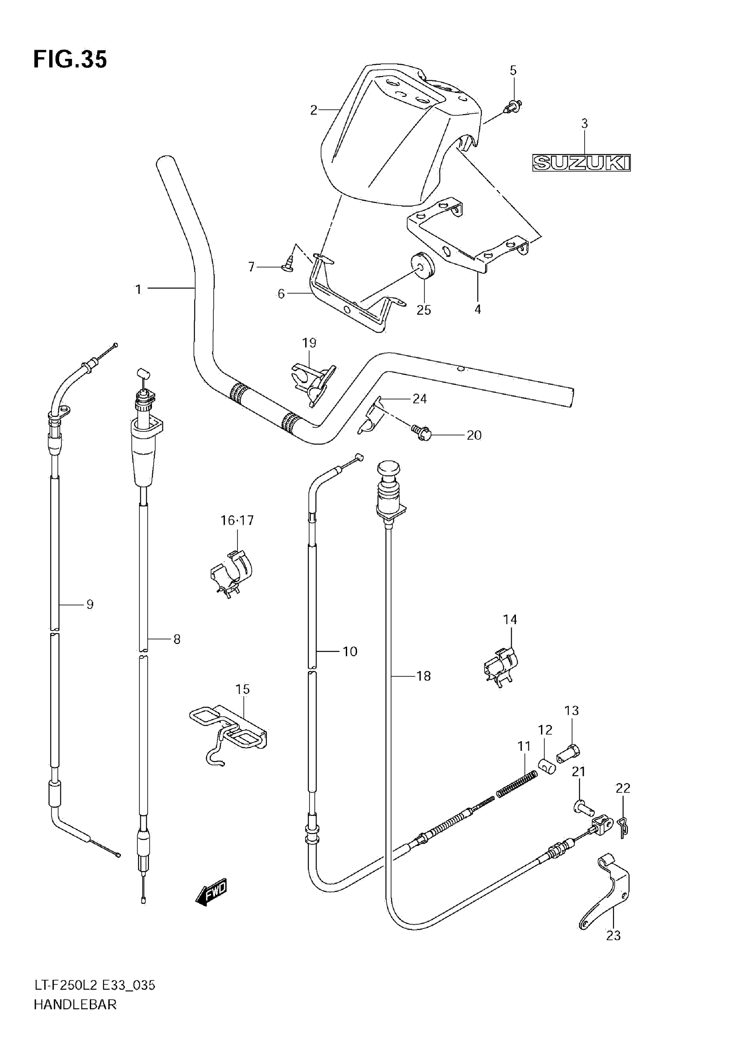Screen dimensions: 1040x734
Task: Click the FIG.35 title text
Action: pos(70,59)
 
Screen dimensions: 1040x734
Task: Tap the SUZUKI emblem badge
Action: pos(581,163)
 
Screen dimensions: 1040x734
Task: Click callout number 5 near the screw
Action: pos(513,71)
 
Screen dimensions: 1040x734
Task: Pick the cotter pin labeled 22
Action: pos(623,827)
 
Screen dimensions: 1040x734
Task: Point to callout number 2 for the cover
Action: pos(313,110)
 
